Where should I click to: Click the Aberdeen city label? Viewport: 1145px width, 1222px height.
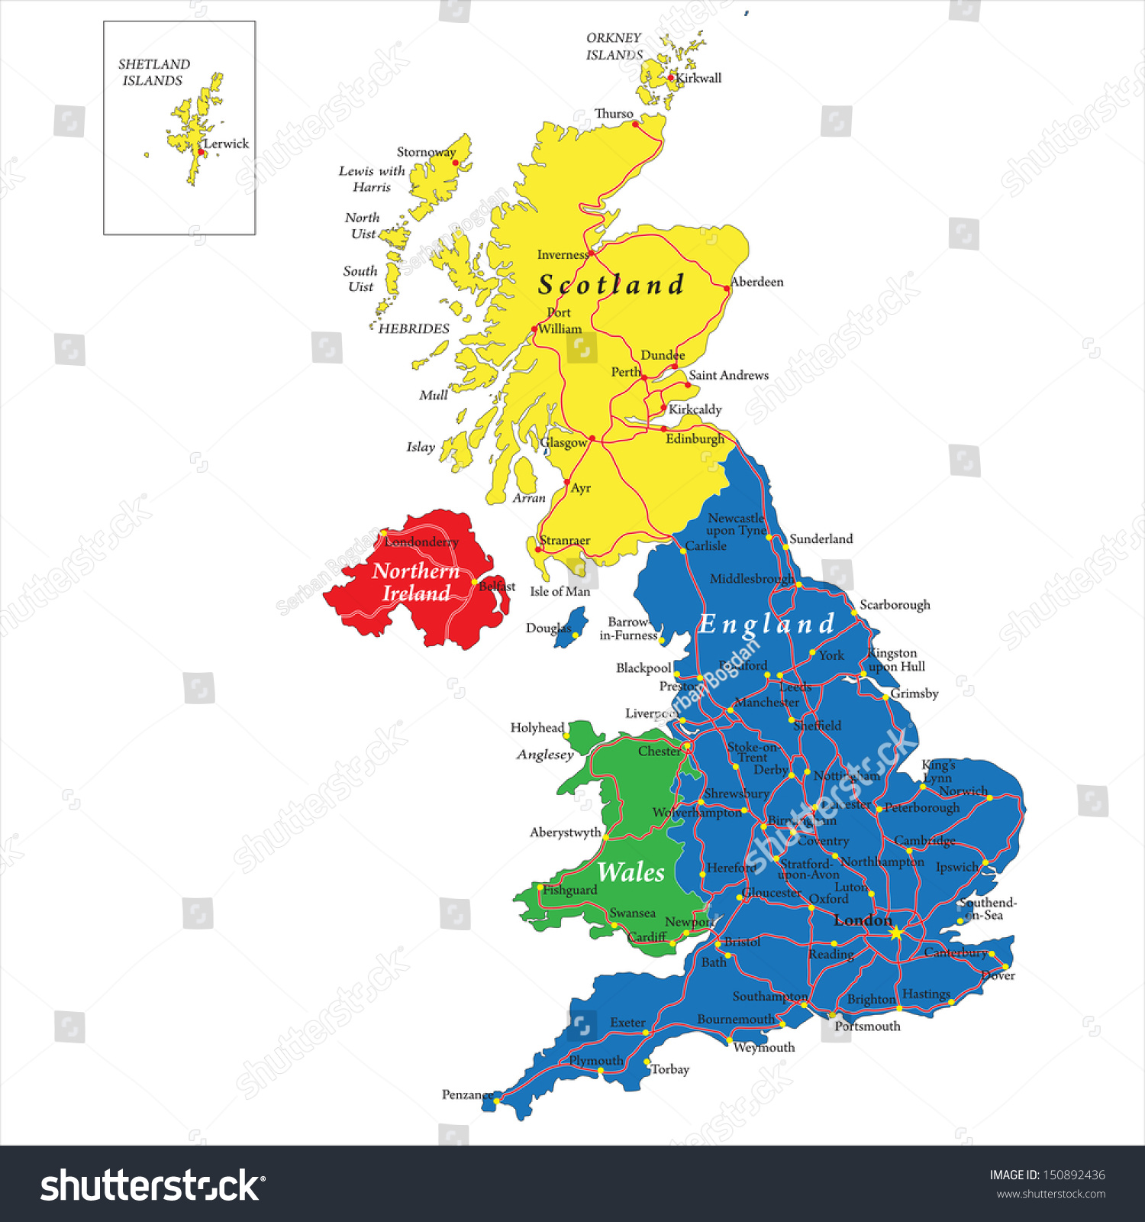point(756,282)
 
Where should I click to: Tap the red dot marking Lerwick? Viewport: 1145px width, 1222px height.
point(201,152)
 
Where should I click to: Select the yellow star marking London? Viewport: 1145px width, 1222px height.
point(896,933)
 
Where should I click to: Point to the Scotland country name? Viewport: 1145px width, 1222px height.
point(611,285)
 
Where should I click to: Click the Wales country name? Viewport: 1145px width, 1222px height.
point(631,872)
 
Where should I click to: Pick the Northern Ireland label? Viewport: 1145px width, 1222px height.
point(416,582)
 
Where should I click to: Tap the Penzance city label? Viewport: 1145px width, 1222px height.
point(467,1094)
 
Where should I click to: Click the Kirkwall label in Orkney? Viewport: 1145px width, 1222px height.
point(698,78)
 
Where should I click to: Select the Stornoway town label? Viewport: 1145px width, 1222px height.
point(426,152)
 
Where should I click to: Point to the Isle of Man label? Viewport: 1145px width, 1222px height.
point(560,591)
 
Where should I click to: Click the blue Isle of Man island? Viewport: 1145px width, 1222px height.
point(572,628)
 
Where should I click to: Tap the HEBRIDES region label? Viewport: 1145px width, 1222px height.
point(414,328)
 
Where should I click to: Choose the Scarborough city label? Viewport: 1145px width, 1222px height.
point(895,605)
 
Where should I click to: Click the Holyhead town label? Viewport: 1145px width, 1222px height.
point(537,728)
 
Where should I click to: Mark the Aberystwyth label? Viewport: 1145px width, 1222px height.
point(565,832)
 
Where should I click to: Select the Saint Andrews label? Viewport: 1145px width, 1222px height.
point(728,375)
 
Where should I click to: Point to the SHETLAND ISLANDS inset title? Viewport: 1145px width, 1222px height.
point(153,73)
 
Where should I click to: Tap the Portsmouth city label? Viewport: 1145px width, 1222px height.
point(867,1026)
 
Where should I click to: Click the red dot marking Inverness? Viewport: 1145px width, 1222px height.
point(592,252)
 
